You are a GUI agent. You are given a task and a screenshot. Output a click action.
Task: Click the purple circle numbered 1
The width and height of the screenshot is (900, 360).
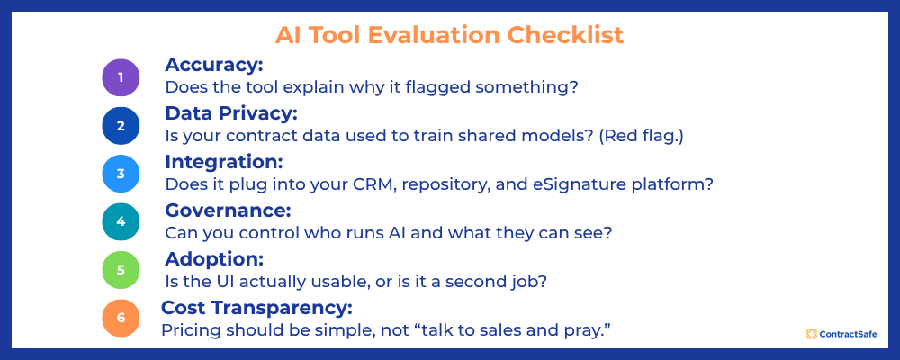pyautogui.click(x=121, y=77)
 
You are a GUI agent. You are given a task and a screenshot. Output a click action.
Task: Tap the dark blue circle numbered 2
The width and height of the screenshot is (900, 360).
pyautogui.click(x=121, y=126)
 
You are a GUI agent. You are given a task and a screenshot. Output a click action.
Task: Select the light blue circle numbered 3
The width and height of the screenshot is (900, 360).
pyautogui.click(x=121, y=174)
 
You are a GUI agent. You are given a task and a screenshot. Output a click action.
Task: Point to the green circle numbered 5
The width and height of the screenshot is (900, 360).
pyautogui.click(x=121, y=270)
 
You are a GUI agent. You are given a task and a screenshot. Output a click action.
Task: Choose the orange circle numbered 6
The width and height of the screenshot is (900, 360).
pyautogui.click(x=121, y=319)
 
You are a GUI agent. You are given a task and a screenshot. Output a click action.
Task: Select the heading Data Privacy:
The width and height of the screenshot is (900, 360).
pyautogui.click(x=230, y=114)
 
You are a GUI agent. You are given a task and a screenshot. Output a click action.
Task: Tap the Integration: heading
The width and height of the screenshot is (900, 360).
pyautogui.click(x=224, y=162)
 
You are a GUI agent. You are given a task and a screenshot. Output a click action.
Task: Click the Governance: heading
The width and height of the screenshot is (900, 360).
pyautogui.click(x=228, y=211)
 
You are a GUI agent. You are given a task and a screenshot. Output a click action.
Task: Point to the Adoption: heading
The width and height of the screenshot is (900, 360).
pyautogui.click(x=213, y=259)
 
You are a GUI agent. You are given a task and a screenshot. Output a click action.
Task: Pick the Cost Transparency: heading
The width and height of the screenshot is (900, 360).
pyautogui.click(x=256, y=308)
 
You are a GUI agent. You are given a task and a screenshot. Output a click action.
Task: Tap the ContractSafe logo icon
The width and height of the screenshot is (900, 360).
pyautogui.click(x=811, y=334)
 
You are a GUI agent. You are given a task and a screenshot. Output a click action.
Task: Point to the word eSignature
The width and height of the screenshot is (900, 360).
pyautogui.click(x=585, y=184)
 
